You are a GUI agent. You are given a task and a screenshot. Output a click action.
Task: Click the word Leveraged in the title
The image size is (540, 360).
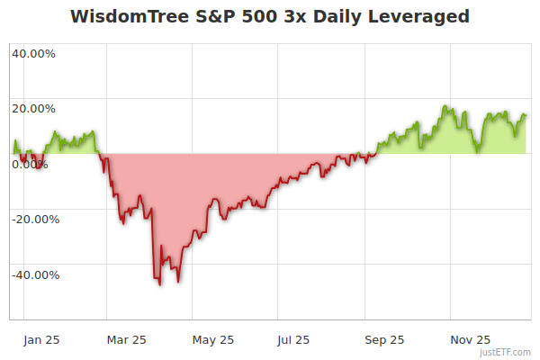pos(419,17)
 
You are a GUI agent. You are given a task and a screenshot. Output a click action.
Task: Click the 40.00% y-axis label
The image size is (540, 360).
pos(33,53)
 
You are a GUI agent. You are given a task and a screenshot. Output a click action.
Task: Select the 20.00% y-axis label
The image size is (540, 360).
pos(33,109)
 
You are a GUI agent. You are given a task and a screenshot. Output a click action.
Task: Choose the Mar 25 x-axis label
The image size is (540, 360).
pos(126,339)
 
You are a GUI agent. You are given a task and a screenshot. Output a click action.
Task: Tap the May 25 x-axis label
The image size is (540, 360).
pos(213,339)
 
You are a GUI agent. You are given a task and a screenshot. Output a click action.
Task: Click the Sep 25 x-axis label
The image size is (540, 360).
pos(383,339)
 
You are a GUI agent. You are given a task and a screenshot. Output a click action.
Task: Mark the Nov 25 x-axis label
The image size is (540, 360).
pos(470,339)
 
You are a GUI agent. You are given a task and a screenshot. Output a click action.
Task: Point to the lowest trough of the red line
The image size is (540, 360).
pos(159,284)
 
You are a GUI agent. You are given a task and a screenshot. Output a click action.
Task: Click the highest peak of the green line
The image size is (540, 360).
pos(445,106)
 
